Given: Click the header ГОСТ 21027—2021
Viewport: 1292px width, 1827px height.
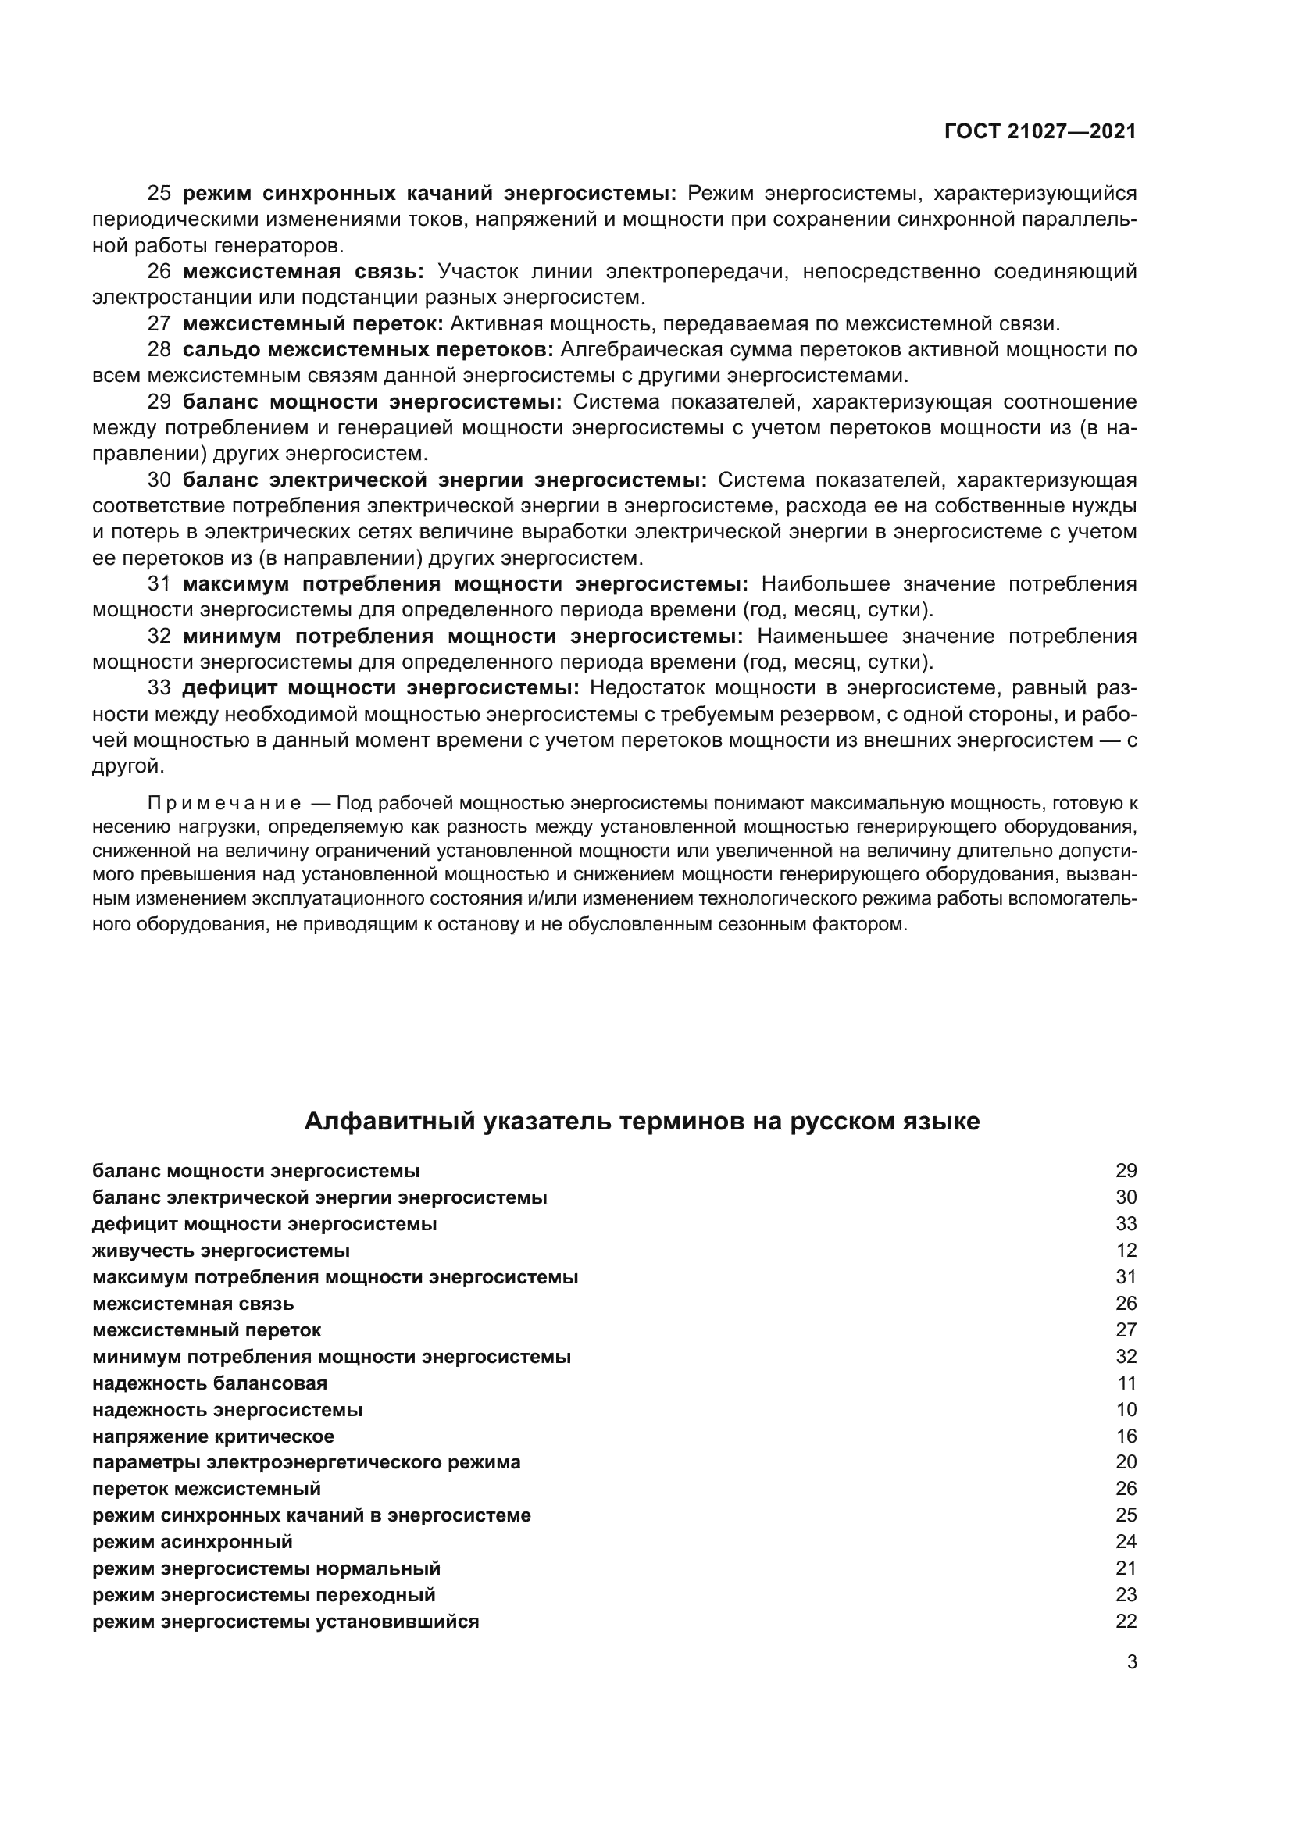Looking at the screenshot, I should pyautogui.click(x=1040, y=132).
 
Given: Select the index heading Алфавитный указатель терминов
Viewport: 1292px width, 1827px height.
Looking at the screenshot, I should pyautogui.click(x=641, y=1121).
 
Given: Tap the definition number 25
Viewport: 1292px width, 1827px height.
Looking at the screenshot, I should pyautogui.click(x=159, y=194).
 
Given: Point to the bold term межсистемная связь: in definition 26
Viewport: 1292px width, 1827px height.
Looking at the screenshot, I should pyautogui.click(x=303, y=271).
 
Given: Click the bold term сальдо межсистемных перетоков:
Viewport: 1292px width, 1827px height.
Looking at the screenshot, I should pyautogui.click(x=368, y=349).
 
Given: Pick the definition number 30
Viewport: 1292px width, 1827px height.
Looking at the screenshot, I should pyautogui.click(x=159, y=480).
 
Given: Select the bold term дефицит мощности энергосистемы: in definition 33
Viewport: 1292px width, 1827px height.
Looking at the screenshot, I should pyautogui.click(x=381, y=687).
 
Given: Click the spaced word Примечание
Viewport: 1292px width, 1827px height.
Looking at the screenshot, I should pyautogui.click(x=223, y=803).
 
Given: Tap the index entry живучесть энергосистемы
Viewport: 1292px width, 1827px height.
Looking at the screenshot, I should pyautogui.click(x=220, y=1250).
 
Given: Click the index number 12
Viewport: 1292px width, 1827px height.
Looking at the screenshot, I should pyautogui.click(x=1126, y=1250).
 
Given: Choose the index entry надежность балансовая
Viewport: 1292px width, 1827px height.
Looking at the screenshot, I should pyautogui.click(x=209, y=1383).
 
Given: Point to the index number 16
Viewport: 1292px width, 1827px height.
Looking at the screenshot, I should pyautogui.click(x=1126, y=1436).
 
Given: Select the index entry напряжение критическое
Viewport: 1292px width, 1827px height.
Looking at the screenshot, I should pyautogui.click(x=212, y=1436).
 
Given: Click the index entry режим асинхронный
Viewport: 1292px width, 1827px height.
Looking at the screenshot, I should pyautogui.click(x=191, y=1541).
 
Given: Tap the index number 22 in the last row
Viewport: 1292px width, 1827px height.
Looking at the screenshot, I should pyautogui.click(x=1126, y=1621).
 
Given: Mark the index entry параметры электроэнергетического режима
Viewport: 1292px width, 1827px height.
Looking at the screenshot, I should pyautogui.click(x=306, y=1461).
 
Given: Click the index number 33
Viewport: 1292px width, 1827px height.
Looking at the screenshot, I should pyautogui.click(x=1126, y=1224).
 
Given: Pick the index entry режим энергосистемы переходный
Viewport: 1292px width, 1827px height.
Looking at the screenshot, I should pyautogui.click(x=263, y=1595).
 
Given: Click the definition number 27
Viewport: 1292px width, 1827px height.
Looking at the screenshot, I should pyautogui.click(x=159, y=324).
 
